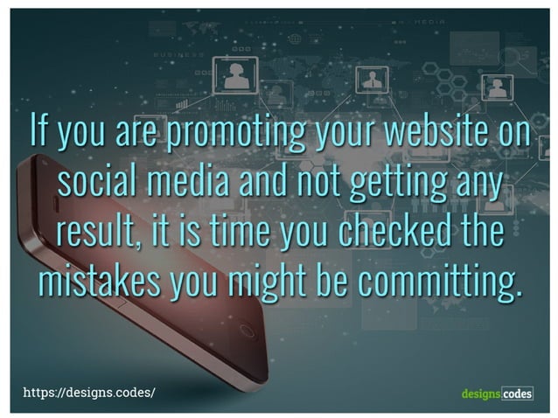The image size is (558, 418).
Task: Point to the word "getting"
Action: [x=395, y=183]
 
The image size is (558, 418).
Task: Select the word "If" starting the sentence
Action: [x=38, y=133]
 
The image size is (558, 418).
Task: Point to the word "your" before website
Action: [x=333, y=133]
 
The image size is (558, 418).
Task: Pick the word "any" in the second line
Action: [x=478, y=183]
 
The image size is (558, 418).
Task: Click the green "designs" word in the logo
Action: [x=480, y=394]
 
